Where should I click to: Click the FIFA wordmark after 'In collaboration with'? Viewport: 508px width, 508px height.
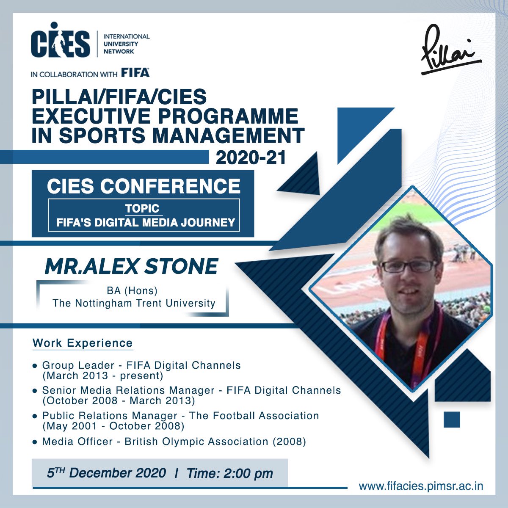(x=135, y=73)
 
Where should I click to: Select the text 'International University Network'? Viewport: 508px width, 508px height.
(x=126, y=44)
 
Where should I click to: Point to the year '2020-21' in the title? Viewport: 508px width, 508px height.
(x=251, y=157)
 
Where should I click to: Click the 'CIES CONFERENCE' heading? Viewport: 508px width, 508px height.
(x=144, y=186)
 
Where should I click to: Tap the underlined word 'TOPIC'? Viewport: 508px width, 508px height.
(x=142, y=208)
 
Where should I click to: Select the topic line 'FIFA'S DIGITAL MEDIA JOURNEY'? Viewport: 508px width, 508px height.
(x=146, y=222)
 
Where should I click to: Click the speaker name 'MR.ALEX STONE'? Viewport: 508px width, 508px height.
(x=131, y=266)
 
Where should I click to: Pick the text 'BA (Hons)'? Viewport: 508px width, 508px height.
(x=132, y=291)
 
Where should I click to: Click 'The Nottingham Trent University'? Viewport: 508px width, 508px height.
(x=134, y=303)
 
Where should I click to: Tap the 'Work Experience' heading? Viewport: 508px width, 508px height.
(x=83, y=343)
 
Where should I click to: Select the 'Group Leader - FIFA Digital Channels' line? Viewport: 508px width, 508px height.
(x=141, y=365)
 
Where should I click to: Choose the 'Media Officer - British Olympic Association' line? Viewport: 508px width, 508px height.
(x=174, y=442)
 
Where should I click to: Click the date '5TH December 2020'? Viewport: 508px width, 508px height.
(x=106, y=473)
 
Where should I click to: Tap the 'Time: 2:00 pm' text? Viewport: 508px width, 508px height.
(x=229, y=473)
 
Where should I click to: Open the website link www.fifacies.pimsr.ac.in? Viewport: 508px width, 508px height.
(x=421, y=486)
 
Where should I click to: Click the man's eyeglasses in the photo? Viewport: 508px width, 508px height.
(x=407, y=266)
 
